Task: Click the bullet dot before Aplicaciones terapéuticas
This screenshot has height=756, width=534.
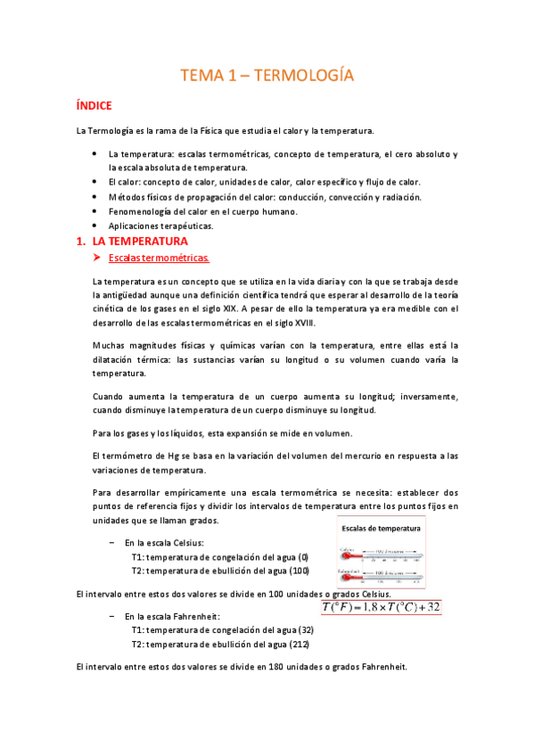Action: click(95, 226)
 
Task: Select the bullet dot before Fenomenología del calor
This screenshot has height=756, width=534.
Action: click(95, 211)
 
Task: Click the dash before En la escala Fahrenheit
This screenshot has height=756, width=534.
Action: click(111, 615)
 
